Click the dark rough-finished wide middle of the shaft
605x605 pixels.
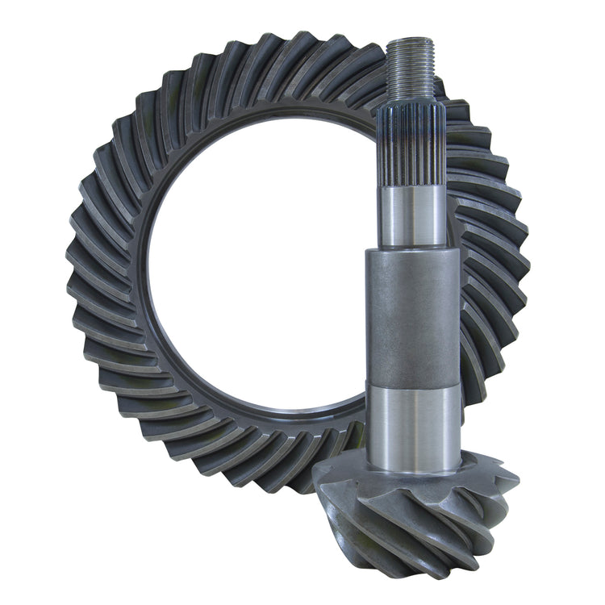click(413, 315)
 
